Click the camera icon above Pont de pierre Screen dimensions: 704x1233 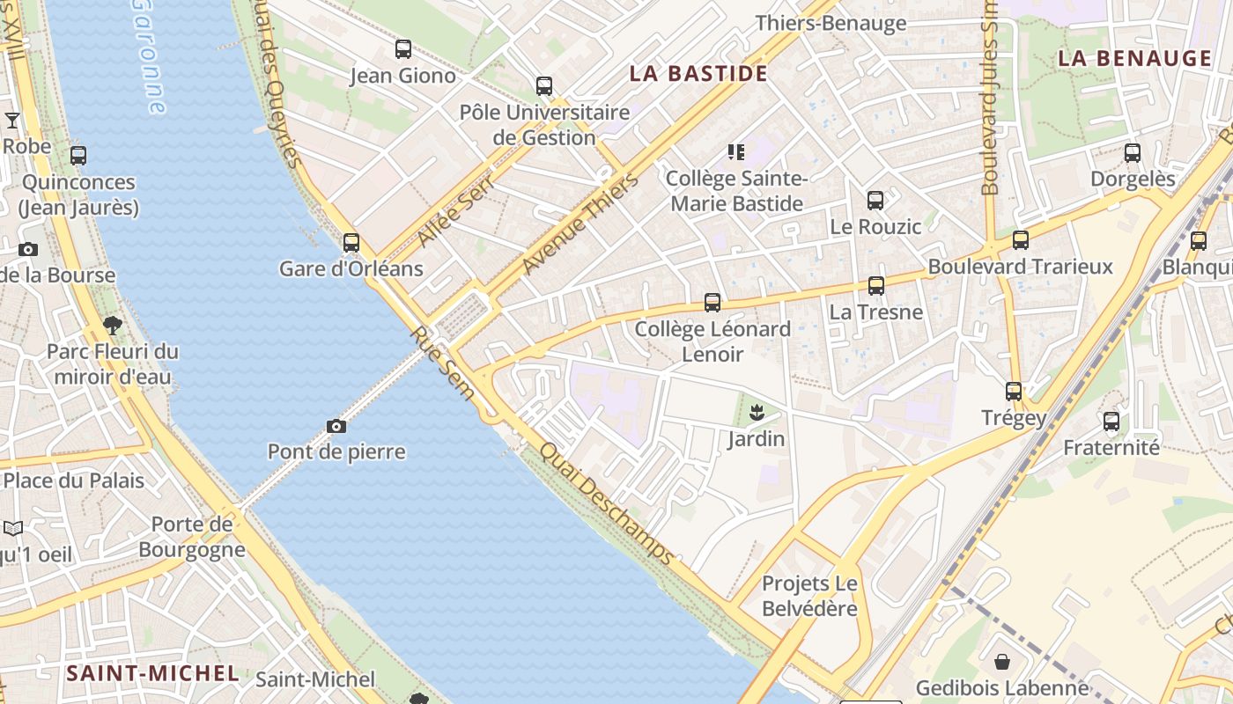click(x=336, y=427)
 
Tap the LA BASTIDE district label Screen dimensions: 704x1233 click(x=698, y=73)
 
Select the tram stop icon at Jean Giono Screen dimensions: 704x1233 click(x=403, y=49)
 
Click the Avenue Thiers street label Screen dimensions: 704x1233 click(x=579, y=224)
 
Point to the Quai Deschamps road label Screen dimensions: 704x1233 click(x=607, y=503)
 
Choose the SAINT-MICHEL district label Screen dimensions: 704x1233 click(x=153, y=674)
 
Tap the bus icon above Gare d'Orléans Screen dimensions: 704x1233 click(x=351, y=242)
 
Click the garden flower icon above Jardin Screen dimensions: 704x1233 click(x=756, y=411)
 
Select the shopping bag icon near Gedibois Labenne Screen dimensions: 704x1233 click(x=1002, y=661)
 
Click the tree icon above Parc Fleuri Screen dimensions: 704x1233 click(x=112, y=326)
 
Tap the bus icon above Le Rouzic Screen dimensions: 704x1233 click(x=875, y=201)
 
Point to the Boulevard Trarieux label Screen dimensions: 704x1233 click(x=1021, y=266)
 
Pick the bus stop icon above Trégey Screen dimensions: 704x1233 click(x=1014, y=391)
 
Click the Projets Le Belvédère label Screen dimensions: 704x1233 click(x=809, y=596)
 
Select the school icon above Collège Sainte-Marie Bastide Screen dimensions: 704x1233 click(x=736, y=152)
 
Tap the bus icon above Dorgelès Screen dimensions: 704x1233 click(x=1133, y=153)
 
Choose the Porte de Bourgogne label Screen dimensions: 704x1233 click(x=192, y=537)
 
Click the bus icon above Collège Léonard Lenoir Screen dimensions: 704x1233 click(x=712, y=303)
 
